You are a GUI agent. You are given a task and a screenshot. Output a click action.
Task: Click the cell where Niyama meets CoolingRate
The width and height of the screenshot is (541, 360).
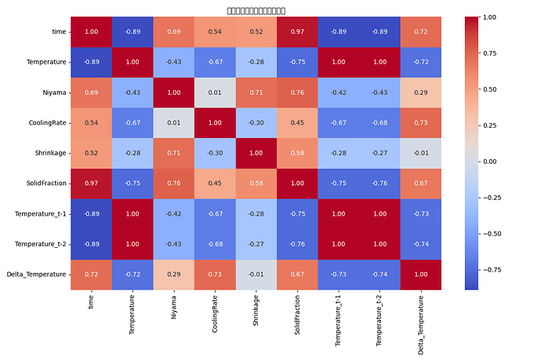pos(216,93)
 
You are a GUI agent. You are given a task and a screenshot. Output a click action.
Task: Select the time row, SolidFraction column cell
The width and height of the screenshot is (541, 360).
pos(298,31)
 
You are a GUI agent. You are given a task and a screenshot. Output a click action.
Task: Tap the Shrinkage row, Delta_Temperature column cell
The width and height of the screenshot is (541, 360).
pos(421,154)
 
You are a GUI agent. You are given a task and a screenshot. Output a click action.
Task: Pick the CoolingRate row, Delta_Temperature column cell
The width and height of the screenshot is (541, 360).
pos(421,123)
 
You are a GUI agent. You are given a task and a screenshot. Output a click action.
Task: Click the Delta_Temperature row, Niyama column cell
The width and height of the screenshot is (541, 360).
pos(174,275)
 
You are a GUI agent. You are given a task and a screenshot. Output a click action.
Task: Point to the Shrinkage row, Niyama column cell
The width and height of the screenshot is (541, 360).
pos(174,154)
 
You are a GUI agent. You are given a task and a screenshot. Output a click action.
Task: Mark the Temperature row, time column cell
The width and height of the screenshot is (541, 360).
pos(92,62)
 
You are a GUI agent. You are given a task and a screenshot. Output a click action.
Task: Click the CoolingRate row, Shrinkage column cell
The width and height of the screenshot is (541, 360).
pos(256,123)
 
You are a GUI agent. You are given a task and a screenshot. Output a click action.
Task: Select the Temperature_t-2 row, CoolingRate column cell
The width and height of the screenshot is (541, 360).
pos(216,245)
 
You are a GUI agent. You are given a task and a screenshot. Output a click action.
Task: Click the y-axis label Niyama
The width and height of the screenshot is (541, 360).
pos(54,93)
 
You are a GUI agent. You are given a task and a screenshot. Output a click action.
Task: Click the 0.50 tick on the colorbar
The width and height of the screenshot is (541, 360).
pos(489,89)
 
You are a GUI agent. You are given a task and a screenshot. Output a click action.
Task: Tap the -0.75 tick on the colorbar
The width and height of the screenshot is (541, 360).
pos(491,269)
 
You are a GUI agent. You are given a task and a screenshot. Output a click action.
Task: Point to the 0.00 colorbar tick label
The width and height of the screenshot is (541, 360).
pos(489,162)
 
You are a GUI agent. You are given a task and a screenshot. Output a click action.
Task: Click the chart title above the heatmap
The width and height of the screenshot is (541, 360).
pos(256,10)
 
